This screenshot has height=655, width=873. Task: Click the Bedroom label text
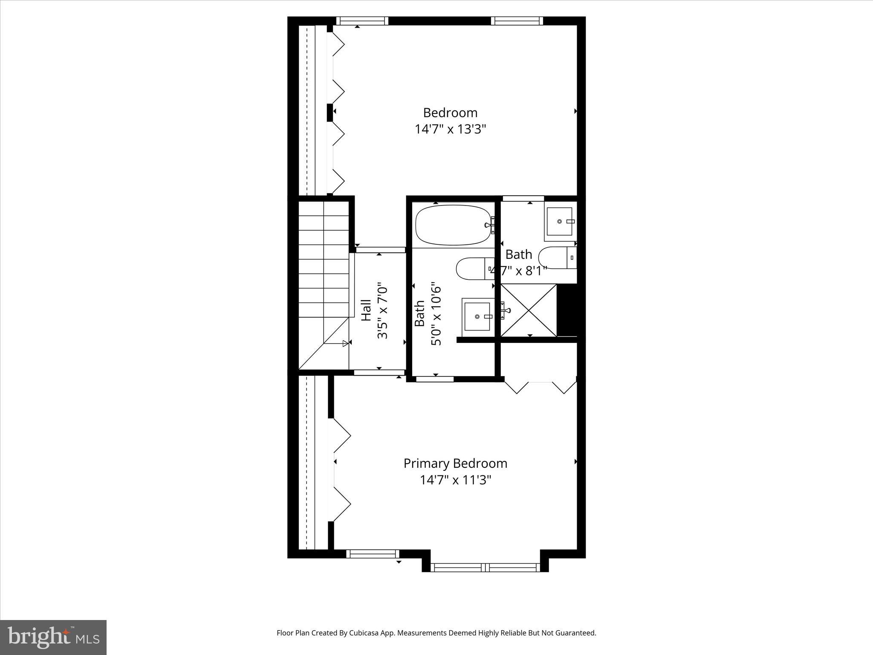pyautogui.click(x=450, y=113)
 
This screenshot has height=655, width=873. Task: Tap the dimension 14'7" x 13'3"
pyautogui.click(x=451, y=129)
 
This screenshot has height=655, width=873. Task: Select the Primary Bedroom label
pyautogui.click(x=455, y=463)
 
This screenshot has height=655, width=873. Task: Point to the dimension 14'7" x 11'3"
pyautogui.click(x=455, y=480)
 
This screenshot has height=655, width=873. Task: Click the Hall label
pyautogui.click(x=366, y=310)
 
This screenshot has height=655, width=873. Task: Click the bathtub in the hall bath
pyautogui.click(x=453, y=225)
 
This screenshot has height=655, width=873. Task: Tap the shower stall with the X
pyautogui.click(x=529, y=310)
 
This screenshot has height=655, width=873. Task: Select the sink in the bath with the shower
pyautogui.click(x=560, y=221)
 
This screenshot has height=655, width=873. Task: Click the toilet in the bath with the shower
pyautogui.click(x=557, y=258)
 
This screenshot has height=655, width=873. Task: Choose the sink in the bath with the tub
pyautogui.click(x=477, y=316)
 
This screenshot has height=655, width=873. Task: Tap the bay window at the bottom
pyautogui.click(x=485, y=567)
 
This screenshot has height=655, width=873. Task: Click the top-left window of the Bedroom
pyautogui.click(x=362, y=21)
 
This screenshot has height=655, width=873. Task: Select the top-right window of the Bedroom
pyautogui.click(x=517, y=21)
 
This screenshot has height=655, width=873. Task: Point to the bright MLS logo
pyautogui.click(x=53, y=637)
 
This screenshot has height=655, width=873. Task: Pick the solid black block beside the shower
pyautogui.click(x=567, y=310)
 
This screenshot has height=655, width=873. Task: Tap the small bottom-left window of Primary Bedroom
pyautogui.click(x=373, y=554)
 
